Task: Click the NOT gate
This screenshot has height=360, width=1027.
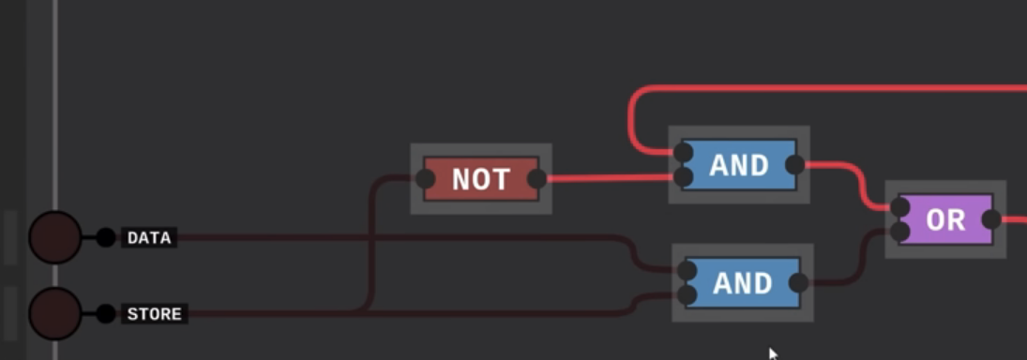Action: coord(481,179)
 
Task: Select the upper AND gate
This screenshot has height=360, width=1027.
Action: coord(739,166)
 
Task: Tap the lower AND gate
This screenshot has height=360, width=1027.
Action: coord(743,283)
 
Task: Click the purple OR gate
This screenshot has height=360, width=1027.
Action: coord(945,220)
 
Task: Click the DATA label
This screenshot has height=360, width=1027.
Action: coord(149,238)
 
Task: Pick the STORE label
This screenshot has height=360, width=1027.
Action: coord(154,313)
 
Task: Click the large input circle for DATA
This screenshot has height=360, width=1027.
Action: coord(55,238)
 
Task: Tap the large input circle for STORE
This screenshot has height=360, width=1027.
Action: coord(55,313)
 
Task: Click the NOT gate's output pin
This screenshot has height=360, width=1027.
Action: coord(537,179)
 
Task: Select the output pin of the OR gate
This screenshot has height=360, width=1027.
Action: coord(991,220)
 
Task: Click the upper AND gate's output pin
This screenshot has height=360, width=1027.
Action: coord(794,166)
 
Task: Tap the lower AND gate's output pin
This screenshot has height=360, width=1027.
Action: coord(799,283)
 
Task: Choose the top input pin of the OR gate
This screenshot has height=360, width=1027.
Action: coord(899,207)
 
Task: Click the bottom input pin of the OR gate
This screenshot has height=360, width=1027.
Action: coord(899,232)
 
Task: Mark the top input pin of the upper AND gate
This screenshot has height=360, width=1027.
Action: coord(684,153)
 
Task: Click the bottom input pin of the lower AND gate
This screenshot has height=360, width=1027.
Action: coord(687,296)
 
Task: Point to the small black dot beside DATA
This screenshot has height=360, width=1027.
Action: coord(106,238)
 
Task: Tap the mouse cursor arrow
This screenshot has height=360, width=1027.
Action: coord(773,353)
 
